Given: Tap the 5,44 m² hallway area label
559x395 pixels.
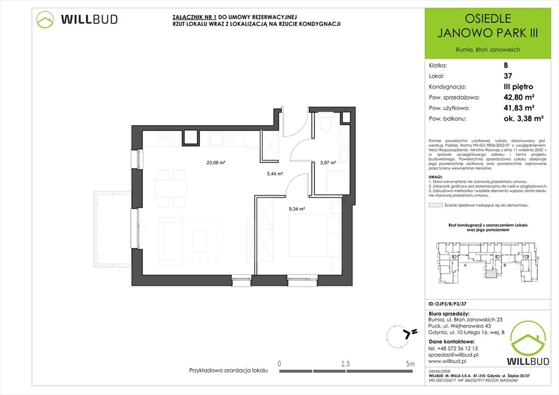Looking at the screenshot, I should pos(274,174).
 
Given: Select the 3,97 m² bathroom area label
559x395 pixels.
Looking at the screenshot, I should pos(328,163).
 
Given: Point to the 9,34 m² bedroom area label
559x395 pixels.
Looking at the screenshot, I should pos(297,209).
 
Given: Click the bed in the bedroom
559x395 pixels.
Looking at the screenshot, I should pos(314,234).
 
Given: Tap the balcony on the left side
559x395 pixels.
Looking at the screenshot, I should pos(112,229).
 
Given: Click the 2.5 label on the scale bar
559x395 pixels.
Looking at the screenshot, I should pos(346,364).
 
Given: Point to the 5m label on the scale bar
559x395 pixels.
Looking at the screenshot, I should pos(410,364).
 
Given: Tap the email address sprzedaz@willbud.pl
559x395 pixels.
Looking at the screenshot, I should pos(453,355).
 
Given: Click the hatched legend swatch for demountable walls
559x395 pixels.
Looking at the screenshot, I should pos(435,205).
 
